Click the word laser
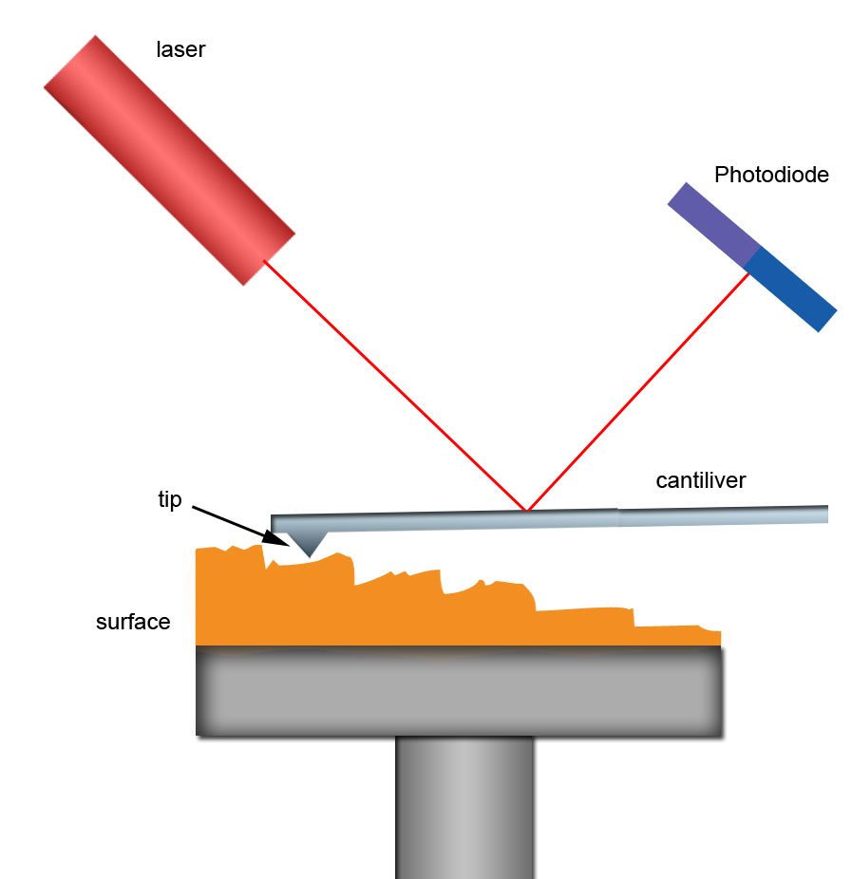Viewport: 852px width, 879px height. (x=180, y=49)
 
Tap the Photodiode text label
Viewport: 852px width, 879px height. (x=771, y=175)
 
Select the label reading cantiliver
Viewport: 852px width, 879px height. (x=701, y=480)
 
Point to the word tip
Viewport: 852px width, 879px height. (x=169, y=500)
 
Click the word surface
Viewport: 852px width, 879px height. (x=133, y=623)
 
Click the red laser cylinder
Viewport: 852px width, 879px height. (x=169, y=159)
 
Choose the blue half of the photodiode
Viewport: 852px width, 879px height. (x=790, y=289)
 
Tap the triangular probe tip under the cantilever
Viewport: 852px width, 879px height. (x=308, y=542)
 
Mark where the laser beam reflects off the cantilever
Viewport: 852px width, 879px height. (x=526, y=511)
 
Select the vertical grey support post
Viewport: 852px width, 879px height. (x=464, y=807)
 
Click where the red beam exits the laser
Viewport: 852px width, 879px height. (x=264, y=260)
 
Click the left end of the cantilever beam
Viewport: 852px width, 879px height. (x=275, y=523)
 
